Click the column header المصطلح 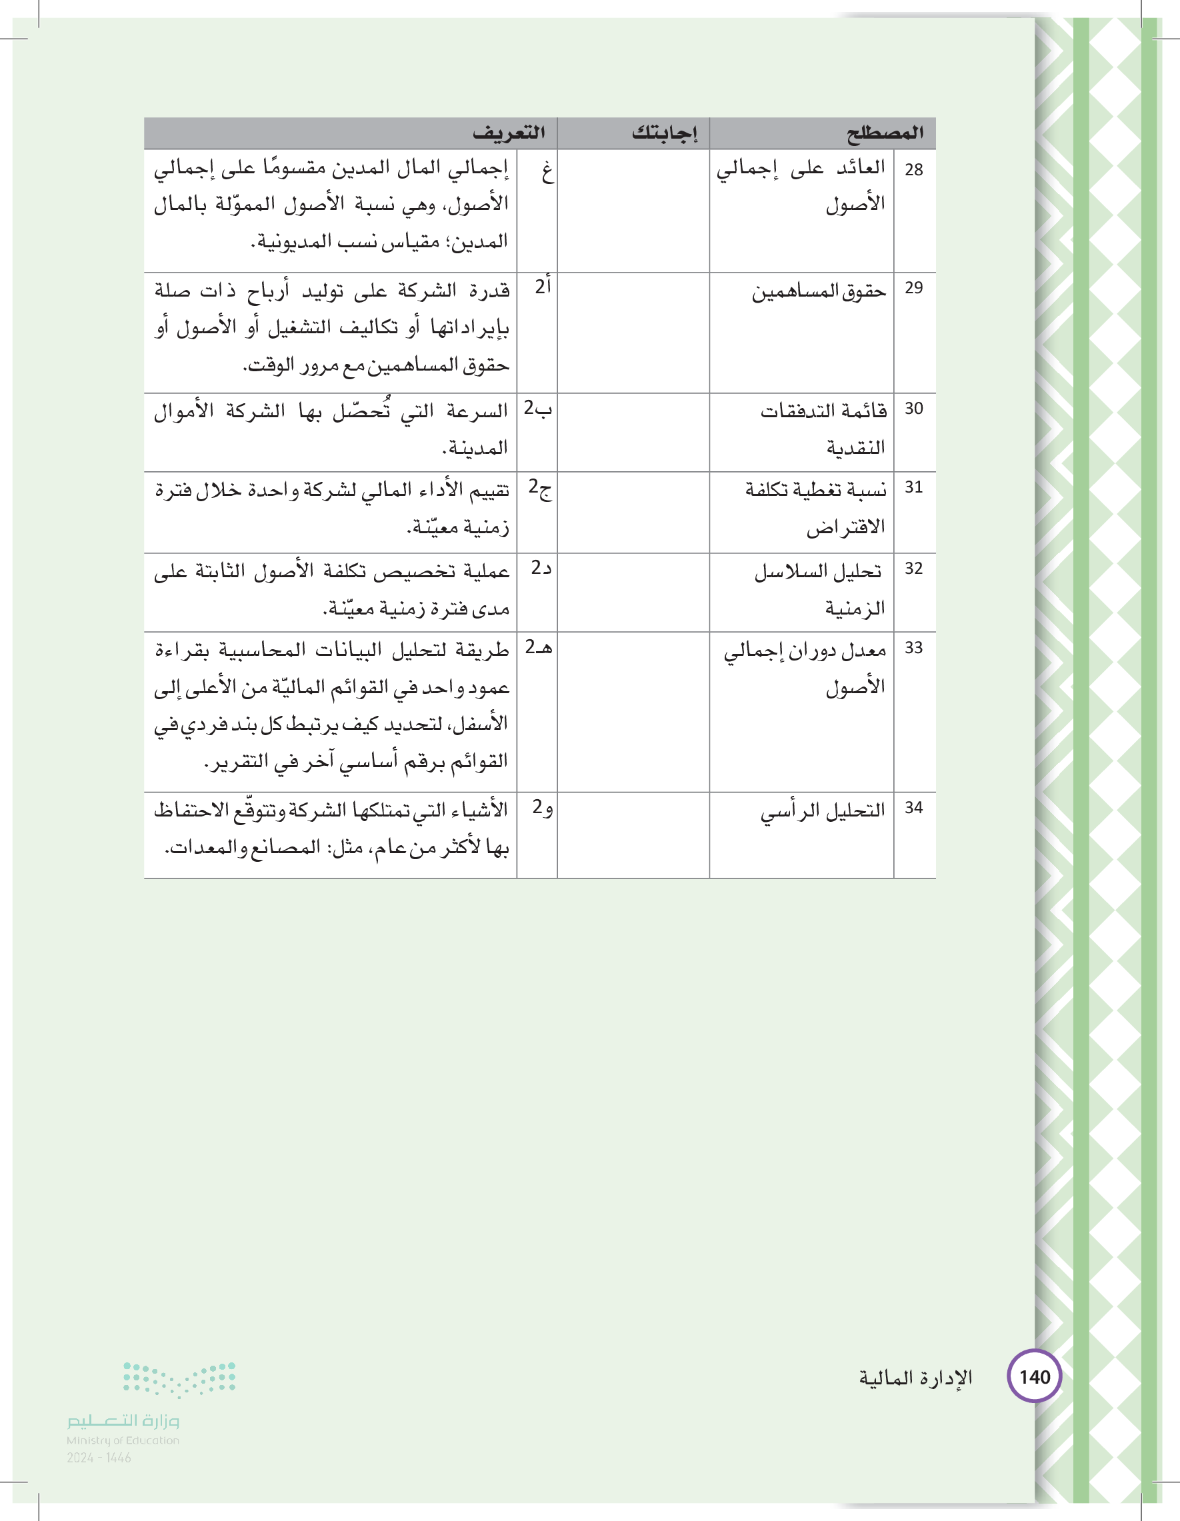point(885,133)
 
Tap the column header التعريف point(509,133)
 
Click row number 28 point(913,170)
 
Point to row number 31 point(913,487)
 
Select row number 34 point(913,808)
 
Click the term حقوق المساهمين point(819,291)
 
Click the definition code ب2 point(538,409)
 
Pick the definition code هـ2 point(538,648)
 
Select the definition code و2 point(541,808)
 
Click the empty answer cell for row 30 point(633,433)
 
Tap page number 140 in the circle point(1035,1377)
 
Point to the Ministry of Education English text point(123,1440)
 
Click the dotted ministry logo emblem point(179,1380)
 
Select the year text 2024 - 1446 point(99,1458)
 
